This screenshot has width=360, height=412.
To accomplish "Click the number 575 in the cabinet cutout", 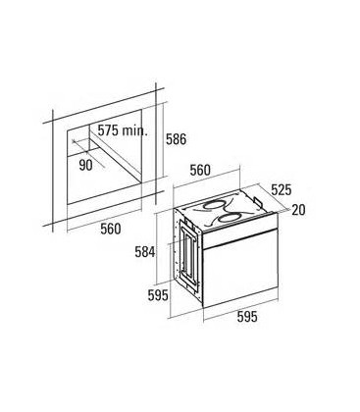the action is (x=108, y=130).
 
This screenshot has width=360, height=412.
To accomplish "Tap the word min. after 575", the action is (x=134, y=130).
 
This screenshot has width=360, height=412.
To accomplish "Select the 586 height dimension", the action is (x=176, y=139).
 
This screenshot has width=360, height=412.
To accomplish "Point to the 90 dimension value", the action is (x=85, y=165).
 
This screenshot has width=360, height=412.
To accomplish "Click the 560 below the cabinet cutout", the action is (x=111, y=229).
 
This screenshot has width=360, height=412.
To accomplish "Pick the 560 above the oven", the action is (x=200, y=170).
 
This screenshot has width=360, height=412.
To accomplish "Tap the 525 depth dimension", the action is (x=281, y=190).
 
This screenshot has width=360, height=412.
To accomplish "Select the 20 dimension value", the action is (x=298, y=210).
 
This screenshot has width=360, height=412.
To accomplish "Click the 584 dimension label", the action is (x=145, y=252).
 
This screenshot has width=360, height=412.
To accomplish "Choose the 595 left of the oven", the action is (x=158, y=295).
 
